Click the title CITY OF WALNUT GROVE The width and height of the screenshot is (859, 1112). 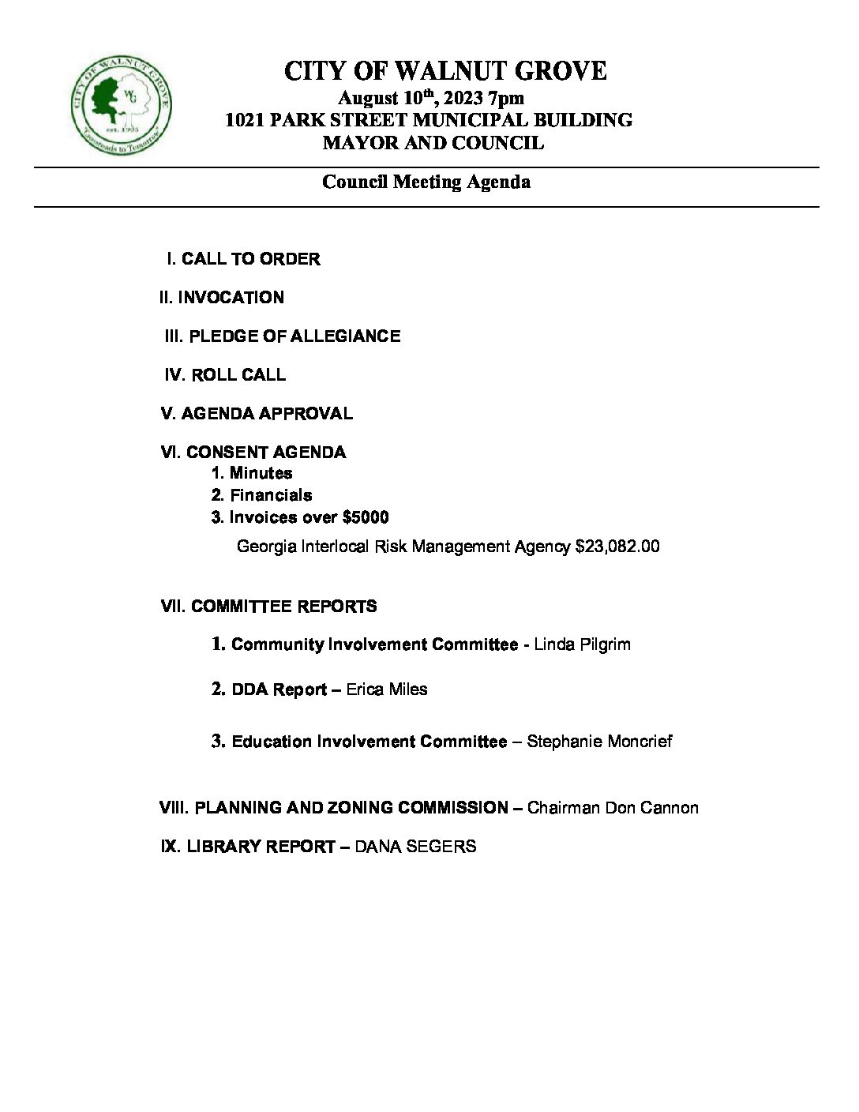pos(445,72)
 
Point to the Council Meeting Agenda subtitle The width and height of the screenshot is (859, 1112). pos(426,182)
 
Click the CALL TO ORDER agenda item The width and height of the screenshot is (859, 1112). pos(250,259)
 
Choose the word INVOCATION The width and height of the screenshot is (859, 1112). pos(231,298)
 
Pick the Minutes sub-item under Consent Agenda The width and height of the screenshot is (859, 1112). pos(261,473)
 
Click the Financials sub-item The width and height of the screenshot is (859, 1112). pos(270,495)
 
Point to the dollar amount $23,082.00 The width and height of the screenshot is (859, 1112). pos(617,546)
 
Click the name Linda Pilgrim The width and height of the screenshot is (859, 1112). pos(582,644)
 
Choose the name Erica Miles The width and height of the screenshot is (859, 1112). pos(387,689)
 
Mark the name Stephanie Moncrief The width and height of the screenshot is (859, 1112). pos(599,742)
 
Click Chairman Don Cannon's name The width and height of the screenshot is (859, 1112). pos(613,808)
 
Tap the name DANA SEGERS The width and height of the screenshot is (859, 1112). pos(415,847)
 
